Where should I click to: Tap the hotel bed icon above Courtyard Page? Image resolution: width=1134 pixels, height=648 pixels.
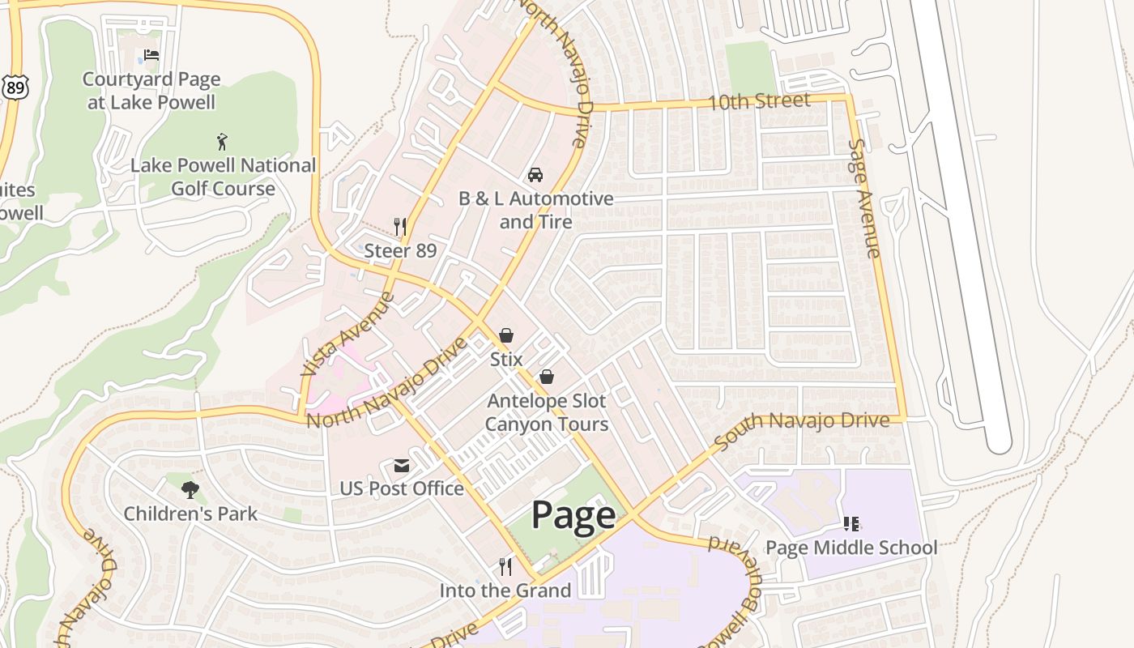[151, 55]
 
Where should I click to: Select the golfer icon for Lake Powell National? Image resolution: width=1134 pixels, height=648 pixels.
[222, 142]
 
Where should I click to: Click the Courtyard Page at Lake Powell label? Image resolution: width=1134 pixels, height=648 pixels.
[151, 91]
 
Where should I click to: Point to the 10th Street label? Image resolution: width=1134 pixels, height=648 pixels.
[758, 101]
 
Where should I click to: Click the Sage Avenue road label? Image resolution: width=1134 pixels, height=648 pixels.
[863, 198]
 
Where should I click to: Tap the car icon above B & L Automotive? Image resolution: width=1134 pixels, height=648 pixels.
[535, 174]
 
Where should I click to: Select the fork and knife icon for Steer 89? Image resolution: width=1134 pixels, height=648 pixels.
[400, 226]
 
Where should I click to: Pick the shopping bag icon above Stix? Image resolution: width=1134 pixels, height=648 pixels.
[506, 335]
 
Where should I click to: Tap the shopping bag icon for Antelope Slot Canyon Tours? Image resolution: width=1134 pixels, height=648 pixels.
[547, 377]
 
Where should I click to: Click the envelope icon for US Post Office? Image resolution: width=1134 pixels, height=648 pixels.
[402, 466]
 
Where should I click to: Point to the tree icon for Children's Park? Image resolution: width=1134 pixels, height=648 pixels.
[190, 489]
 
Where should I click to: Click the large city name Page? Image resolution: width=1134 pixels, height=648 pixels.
[573, 516]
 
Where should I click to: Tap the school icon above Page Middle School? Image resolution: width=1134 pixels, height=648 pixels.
[850, 524]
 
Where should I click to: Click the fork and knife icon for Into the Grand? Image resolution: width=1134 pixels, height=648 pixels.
[505, 566]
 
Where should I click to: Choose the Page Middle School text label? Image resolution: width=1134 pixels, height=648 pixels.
[851, 548]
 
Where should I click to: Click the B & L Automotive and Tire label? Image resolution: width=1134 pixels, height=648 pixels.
[536, 210]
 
